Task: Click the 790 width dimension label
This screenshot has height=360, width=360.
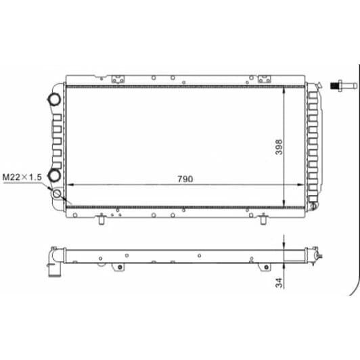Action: [185, 179]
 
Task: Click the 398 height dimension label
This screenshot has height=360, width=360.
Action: [279, 147]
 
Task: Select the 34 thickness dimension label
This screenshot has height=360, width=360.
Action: [279, 283]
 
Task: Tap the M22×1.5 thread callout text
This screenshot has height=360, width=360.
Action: [22, 177]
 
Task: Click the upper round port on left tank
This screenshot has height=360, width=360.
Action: [54, 99]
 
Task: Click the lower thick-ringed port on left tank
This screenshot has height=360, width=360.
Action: [54, 176]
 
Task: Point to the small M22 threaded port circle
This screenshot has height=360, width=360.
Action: [57, 194]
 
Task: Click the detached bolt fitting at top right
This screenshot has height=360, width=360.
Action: [344, 86]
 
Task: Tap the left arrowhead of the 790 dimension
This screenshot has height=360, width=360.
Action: [69, 184]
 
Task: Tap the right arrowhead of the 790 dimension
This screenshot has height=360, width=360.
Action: [300, 184]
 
